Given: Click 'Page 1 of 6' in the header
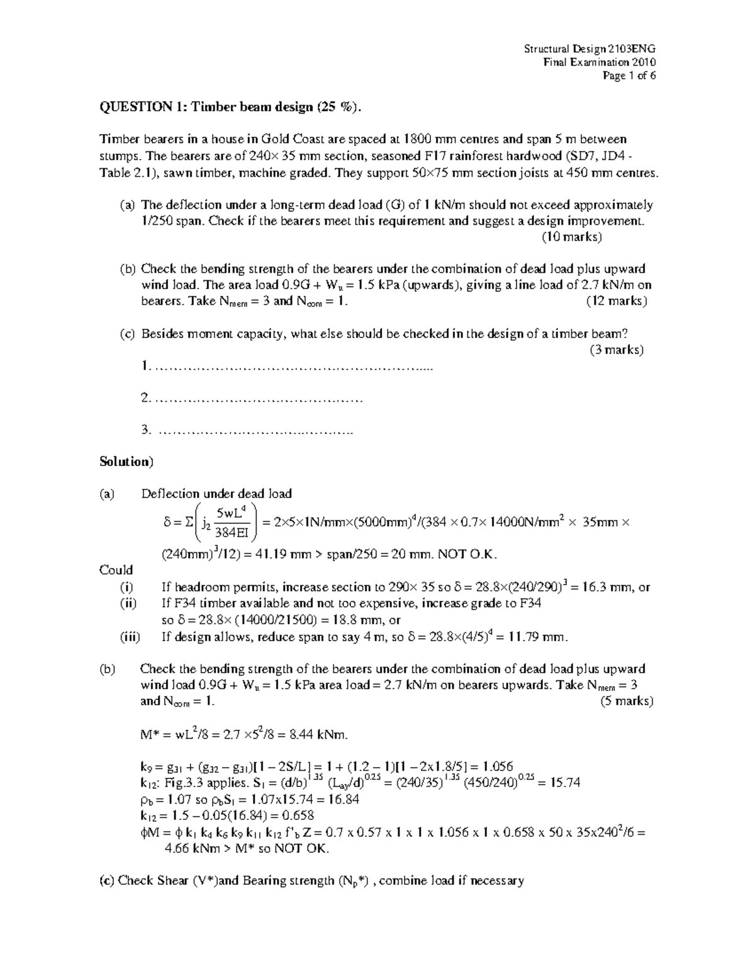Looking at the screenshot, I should [x=629, y=76].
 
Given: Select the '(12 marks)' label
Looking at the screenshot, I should [x=617, y=300].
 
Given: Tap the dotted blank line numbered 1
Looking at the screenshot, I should [x=293, y=367].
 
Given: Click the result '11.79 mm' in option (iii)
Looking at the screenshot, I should [x=539, y=637].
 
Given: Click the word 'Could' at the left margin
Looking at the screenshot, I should [x=116, y=570].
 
